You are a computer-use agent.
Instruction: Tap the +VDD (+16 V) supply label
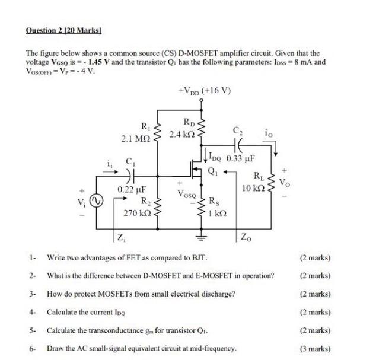coord(204,91)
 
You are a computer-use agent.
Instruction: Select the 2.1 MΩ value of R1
coord(136,138)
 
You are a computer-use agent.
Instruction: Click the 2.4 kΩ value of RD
coord(180,135)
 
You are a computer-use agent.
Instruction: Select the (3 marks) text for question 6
coord(316,349)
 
